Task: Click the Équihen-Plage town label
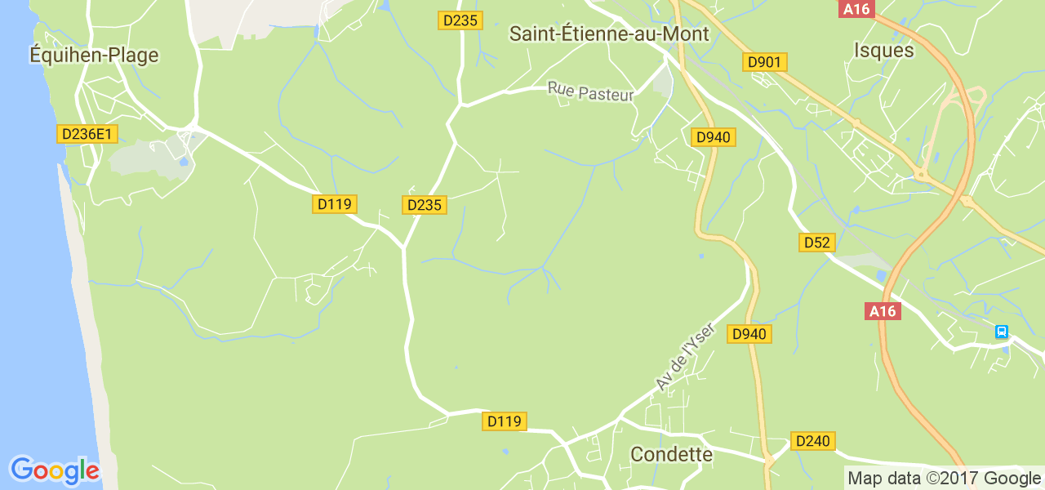coord(94,55)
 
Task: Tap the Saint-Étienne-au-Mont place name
coord(609,33)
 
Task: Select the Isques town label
coord(883,50)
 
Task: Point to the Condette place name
coord(672,454)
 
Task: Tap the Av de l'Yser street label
coord(685,356)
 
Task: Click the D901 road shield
coord(764,62)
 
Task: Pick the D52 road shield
coord(816,243)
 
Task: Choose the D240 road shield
coord(812,441)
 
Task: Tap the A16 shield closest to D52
coord(883,310)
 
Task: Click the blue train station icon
coord(1001,332)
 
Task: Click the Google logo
coord(55,470)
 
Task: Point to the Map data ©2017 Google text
coord(944,479)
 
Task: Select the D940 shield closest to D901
coord(714,137)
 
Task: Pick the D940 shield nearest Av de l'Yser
coord(749,334)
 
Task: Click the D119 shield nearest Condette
coord(504,421)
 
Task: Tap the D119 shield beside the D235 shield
coord(335,204)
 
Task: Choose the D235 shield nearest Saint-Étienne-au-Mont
coord(460,20)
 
